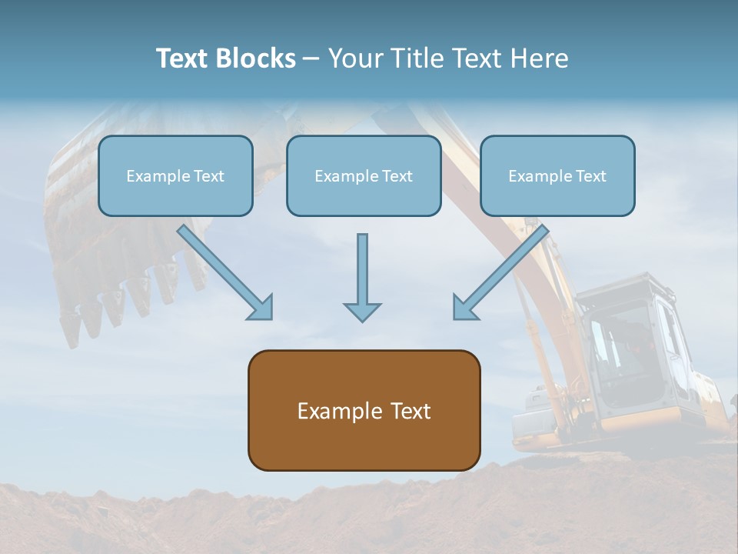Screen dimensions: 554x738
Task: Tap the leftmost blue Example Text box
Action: (x=175, y=176)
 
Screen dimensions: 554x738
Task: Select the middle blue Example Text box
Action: (x=364, y=176)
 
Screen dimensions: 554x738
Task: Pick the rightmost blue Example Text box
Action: (x=557, y=176)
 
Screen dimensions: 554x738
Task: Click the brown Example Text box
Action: (x=364, y=411)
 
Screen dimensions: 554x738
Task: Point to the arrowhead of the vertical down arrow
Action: (x=362, y=312)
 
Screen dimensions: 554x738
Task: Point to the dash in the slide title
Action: (x=311, y=59)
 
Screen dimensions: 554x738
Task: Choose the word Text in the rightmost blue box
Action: (x=590, y=176)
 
